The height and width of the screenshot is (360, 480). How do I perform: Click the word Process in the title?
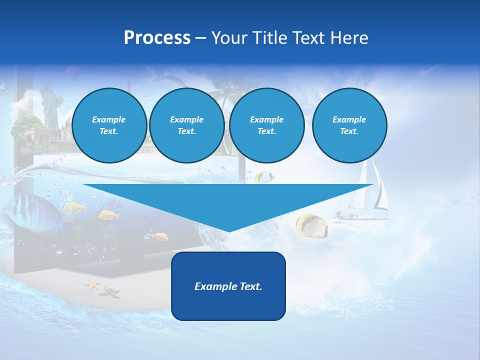(x=157, y=38)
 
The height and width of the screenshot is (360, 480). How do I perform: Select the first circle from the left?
(x=109, y=125)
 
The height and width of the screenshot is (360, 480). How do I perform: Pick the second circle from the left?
(x=186, y=125)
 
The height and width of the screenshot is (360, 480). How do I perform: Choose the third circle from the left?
(x=267, y=125)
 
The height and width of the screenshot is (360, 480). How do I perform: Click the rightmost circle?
(x=349, y=125)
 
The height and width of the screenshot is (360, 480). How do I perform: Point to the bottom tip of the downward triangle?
(x=228, y=231)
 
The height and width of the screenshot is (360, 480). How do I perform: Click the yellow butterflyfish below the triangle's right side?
(x=311, y=225)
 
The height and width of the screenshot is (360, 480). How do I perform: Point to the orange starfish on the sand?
(x=92, y=285)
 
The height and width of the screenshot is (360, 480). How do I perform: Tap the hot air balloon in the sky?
(x=73, y=73)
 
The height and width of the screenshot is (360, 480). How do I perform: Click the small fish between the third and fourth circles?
(x=263, y=176)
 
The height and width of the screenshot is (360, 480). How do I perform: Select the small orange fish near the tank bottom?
(x=161, y=236)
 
